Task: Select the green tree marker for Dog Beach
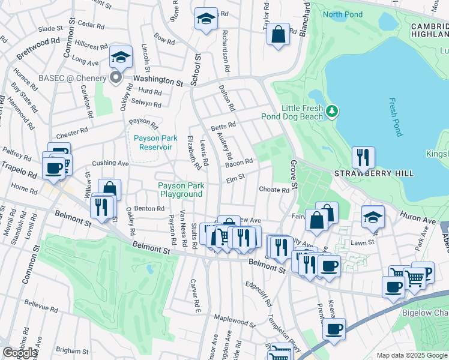click(331, 110)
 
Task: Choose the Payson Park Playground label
click(180, 190)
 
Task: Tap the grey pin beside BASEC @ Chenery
click(117, 77)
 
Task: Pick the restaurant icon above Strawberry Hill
click(363, 157)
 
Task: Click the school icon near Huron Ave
click(373, 217)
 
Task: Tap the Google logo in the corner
click(19, 353)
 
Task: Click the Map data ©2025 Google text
click(412, 355)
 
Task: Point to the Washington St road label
click(157, 79)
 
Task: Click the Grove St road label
click(294, 171)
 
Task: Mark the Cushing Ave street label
click(110, 163)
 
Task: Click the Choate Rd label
click(274, 190)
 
